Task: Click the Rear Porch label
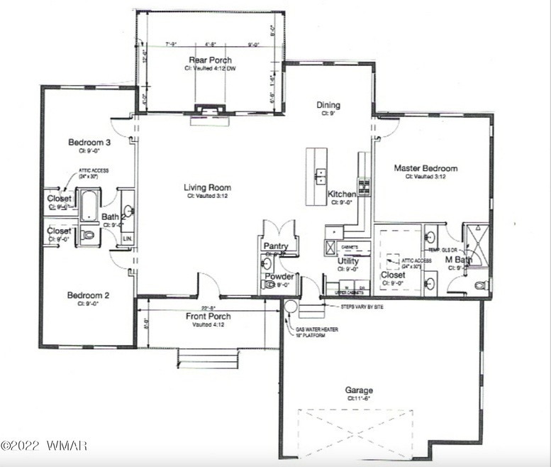[206, 60]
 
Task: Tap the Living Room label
[208, 188]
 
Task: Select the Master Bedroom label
[425, 169]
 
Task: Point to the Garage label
[360, 390]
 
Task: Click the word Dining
[328, 106]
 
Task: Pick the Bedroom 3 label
[89, 142]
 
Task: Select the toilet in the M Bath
[481, 286]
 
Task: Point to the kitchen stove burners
[365, 187]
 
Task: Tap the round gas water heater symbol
[290, 306]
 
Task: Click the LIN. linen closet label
[128, 239]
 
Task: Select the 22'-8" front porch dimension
[208, 307]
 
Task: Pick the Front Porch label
[208, 317]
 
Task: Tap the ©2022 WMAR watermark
[44, 446]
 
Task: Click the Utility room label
[347, 260]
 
